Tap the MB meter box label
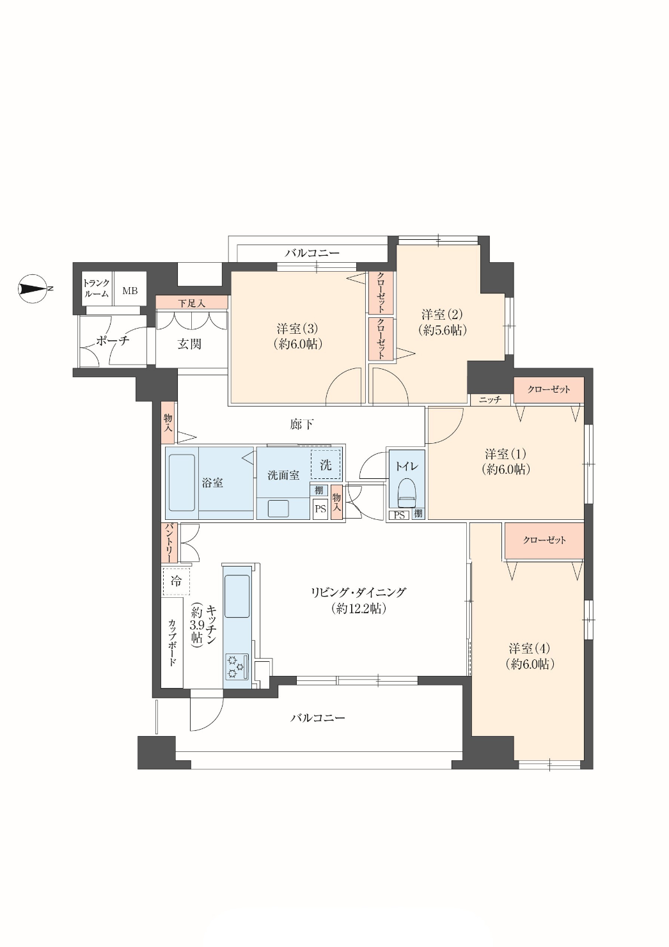click(x=130, y=291)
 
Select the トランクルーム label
click(x=97, y=288)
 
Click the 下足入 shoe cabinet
click(x=192, y=302)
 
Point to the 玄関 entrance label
click(x=189, y=344)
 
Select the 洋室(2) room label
click(x=443, y=322)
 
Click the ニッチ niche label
click(x=490, y=399)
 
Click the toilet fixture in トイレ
click(x=407, y=492)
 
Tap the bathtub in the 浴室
click(x=182, y=482)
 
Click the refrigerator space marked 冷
click(x=176, y=581)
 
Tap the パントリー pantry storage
click(x=168, y=544)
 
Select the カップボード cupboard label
click(x=172, y=643)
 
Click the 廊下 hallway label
click(x=302, y=424)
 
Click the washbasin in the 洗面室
click(x=278, y=508)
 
